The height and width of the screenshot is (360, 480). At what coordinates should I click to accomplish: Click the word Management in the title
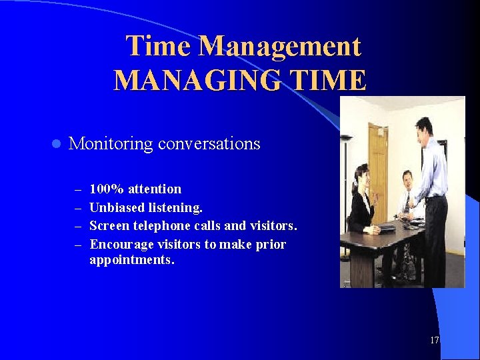(x=279, y=47)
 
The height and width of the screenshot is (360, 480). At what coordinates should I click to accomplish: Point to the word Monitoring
(x=110, y=144)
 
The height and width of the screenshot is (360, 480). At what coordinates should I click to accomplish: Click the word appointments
(x=131, y=260)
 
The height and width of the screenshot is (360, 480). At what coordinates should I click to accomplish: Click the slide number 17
(x=435, y=341)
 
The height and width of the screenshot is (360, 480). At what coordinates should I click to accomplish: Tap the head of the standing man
(x=423, y=127)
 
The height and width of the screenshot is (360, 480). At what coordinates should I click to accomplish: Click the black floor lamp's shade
(x=347, y=138)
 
